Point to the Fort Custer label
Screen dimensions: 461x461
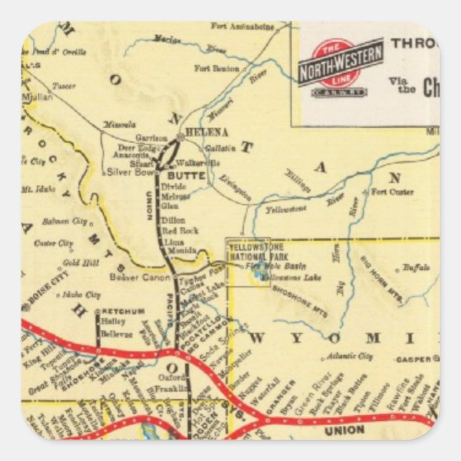tap(392, 192)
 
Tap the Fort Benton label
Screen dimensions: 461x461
tap(216, 68)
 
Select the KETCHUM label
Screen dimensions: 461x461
tap(123, 311)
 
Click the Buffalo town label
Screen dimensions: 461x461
tap(415, 268)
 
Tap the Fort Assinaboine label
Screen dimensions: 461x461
tap(243, 26)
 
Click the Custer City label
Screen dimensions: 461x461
tap(54, 243)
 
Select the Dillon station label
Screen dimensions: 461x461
tap(173, 220)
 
